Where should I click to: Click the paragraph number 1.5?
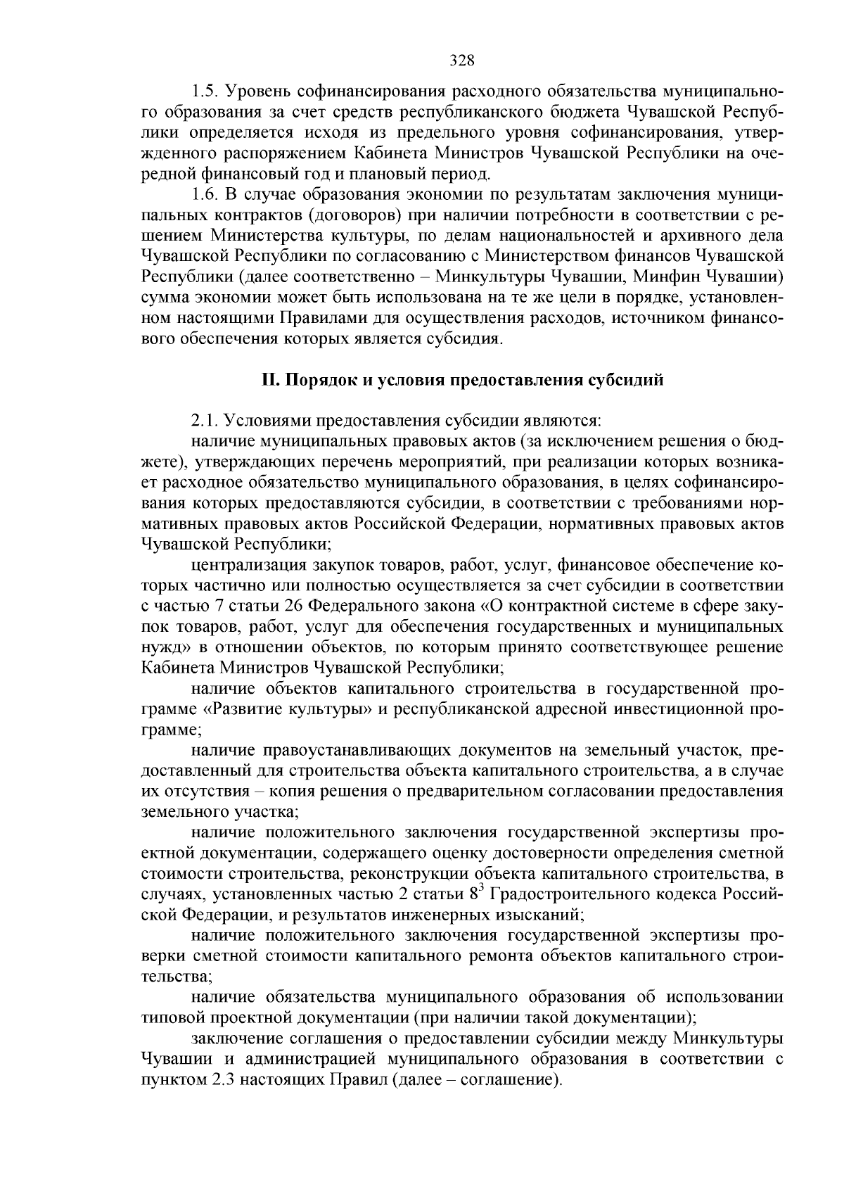click(205, 91)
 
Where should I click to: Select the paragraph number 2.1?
click(205, 421)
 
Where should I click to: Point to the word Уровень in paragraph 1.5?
click(256, 91)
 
